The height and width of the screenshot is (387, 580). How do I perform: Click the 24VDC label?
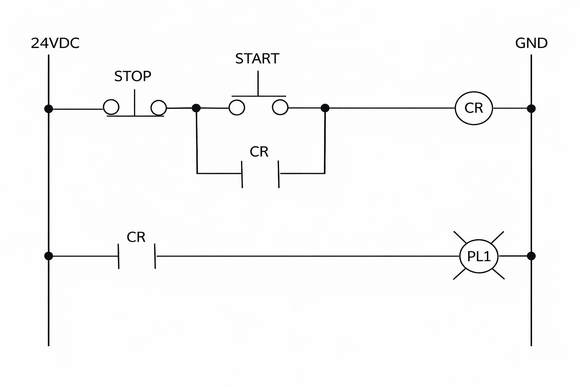55,43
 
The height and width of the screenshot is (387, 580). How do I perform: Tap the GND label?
531,43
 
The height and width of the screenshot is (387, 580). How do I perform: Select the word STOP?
133,76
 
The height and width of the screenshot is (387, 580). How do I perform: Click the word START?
257,59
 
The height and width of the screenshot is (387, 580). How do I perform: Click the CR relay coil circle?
474,108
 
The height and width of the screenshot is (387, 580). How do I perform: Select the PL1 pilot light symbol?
479,256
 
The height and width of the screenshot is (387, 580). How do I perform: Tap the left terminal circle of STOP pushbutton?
111,107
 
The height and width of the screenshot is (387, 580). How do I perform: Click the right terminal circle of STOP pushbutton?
159,108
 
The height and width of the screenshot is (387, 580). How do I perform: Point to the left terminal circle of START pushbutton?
237,107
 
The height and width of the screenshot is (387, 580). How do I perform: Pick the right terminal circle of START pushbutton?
280,107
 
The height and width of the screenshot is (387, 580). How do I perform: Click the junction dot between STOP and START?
196,108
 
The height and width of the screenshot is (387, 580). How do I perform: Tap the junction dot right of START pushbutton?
325,108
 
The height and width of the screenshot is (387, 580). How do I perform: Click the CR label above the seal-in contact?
259,152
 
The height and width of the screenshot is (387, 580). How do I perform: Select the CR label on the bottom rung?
136,237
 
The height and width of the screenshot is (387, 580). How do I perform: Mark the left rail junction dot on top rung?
49,109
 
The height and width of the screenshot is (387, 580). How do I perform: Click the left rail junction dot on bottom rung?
49,256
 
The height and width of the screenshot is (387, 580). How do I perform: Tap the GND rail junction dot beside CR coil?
531,108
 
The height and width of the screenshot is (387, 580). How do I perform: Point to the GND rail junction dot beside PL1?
531,256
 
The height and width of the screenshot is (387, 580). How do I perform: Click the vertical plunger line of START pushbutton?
258,83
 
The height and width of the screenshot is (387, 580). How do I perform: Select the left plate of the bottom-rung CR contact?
119,256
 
